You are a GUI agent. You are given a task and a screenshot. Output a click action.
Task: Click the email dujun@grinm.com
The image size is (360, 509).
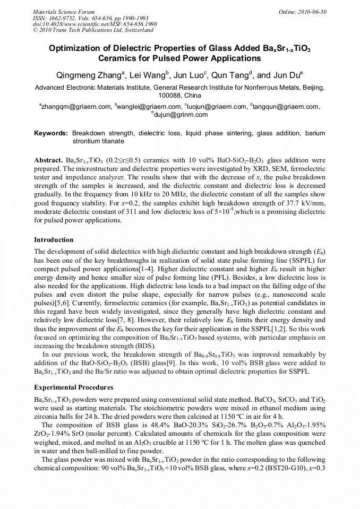click(x=181, y=115)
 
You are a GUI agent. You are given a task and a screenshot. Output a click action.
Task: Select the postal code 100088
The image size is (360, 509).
click(x=170, y=96)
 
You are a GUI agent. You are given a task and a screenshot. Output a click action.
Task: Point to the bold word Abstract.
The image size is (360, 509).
click(x=49, y=160)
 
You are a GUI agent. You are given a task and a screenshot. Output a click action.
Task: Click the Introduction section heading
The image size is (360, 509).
click(x=54, y=240)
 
